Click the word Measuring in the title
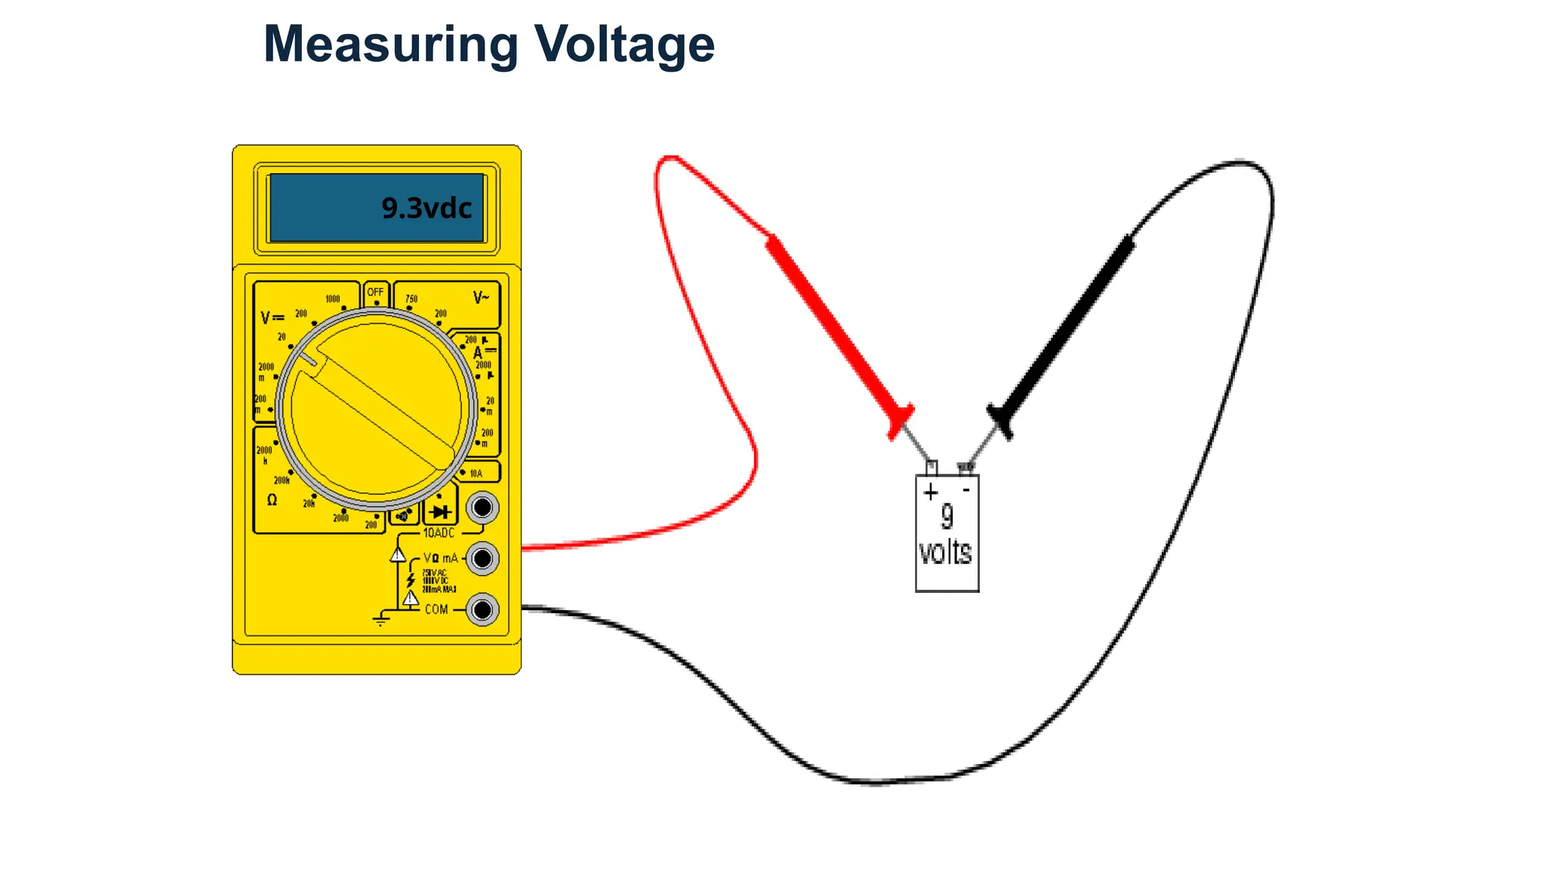click(x=391, y=45)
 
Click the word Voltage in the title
click(x=624, y=45)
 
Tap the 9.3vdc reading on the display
click(x=427, y=208)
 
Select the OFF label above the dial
click(x=375, y=292)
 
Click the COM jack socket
click(x=482, y=610)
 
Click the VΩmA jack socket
click(x=482, y=559)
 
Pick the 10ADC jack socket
click(x=482, y=508)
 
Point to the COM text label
click(x=436, y=610)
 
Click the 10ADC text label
click(x=439, y=533)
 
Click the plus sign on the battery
click(x=931, y=493)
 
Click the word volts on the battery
click(x=945, y=553)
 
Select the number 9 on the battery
click(x=947, y=516)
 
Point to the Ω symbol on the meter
click(x=272, y=500)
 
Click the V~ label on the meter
click(x=481, y=298)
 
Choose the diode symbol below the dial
click(x=441, y=511)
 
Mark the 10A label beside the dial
click(x=476, y=474)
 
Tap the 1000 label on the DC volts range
click(x=332, y=299)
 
